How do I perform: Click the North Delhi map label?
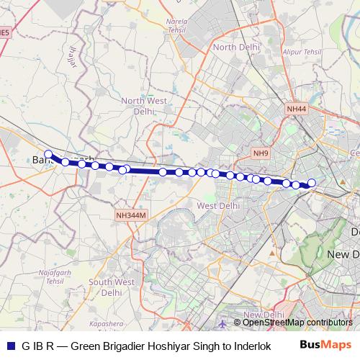tap(235, 47)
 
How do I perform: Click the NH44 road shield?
tap(296, 109)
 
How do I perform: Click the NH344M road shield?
tap(130, 215)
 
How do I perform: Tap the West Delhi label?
tap(218, 205)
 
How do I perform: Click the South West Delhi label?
tap(112, 288)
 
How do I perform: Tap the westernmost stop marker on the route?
tap(48, 154)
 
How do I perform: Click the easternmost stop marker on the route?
tap(312, 183)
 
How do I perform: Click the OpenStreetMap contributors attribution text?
tap(297, 323)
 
